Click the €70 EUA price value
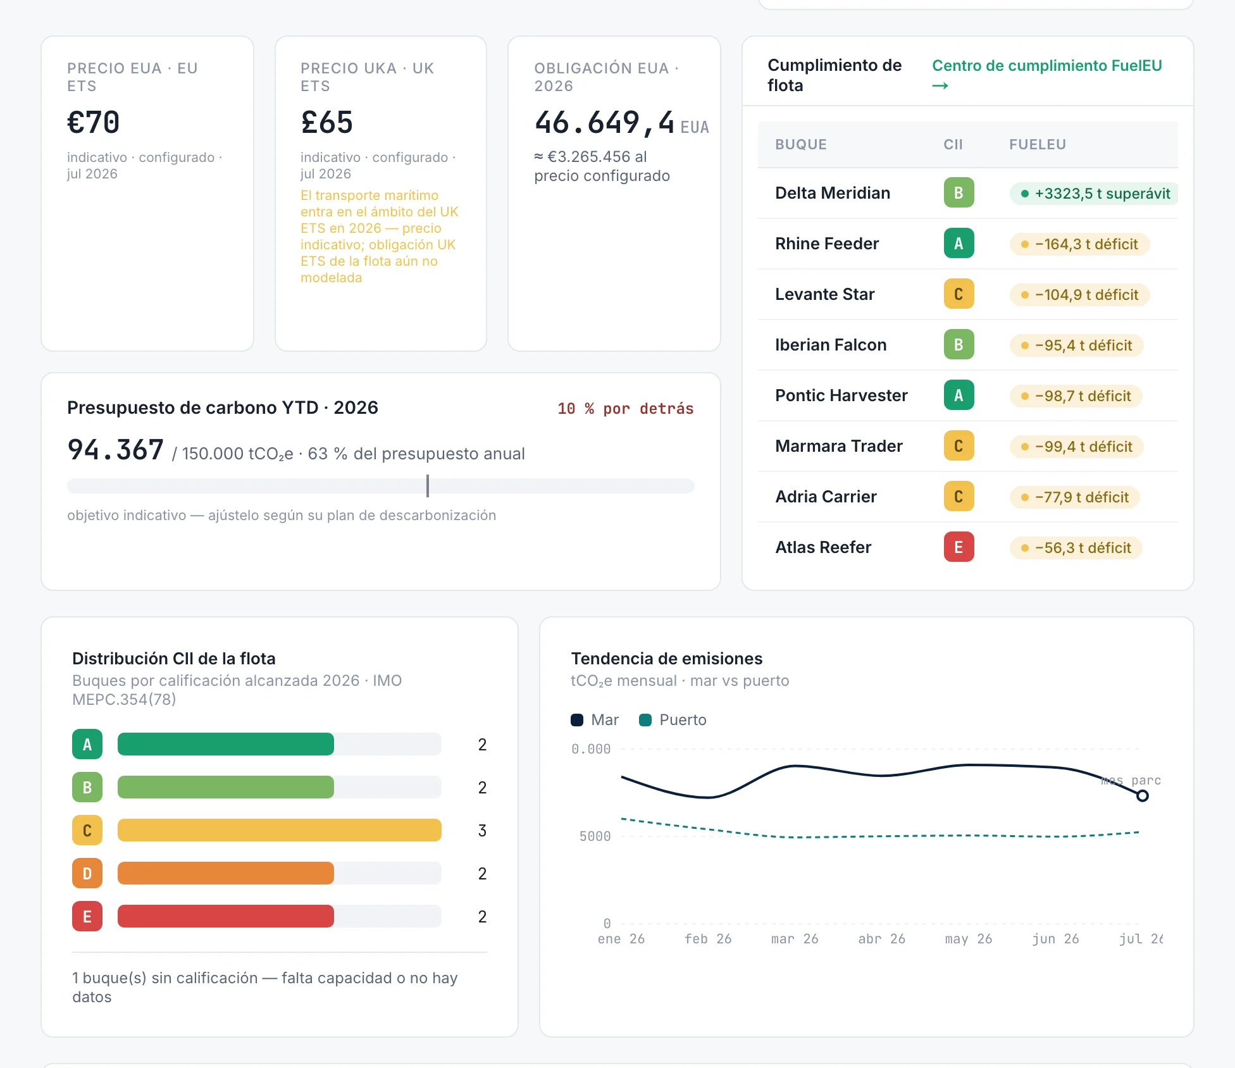pyautogui.click(x=93, y=122)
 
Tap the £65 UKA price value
pyautogui.click(x=326, y=122)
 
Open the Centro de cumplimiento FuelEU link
pyautogui.click(x=1046, y=75)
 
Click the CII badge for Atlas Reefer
pyautogui.click(x=959, y=547)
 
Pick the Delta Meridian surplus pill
pyautogui.click(x=1094, y=194)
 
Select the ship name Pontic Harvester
pyautogui.click(x=841, y=395)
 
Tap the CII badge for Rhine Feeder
pyautogui.click(x=959, y=244)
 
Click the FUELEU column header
pyautogui.click(x=1038, y=144)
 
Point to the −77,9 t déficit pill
pyautogui.click(x=1074, y=497)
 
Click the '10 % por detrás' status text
pyautogui.click(x=625, y=409)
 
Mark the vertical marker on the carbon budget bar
pyautogui.click(x=428, y=486)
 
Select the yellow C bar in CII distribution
pyautogui.click(x=279, y=830)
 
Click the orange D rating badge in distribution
pyautogui.click(x=87, y=873)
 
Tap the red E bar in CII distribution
pyautogui.click(x=225, y=916)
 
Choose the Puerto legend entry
pyautogui.click(x=673, y=720)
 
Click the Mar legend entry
pyautogui.click(x=595, y=720)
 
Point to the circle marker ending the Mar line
pyautogui.click(x=1142, y=796)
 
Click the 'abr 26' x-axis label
pyautogui.click(x=881, y=939)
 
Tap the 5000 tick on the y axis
pyautogui.click(x=595, y=836)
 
